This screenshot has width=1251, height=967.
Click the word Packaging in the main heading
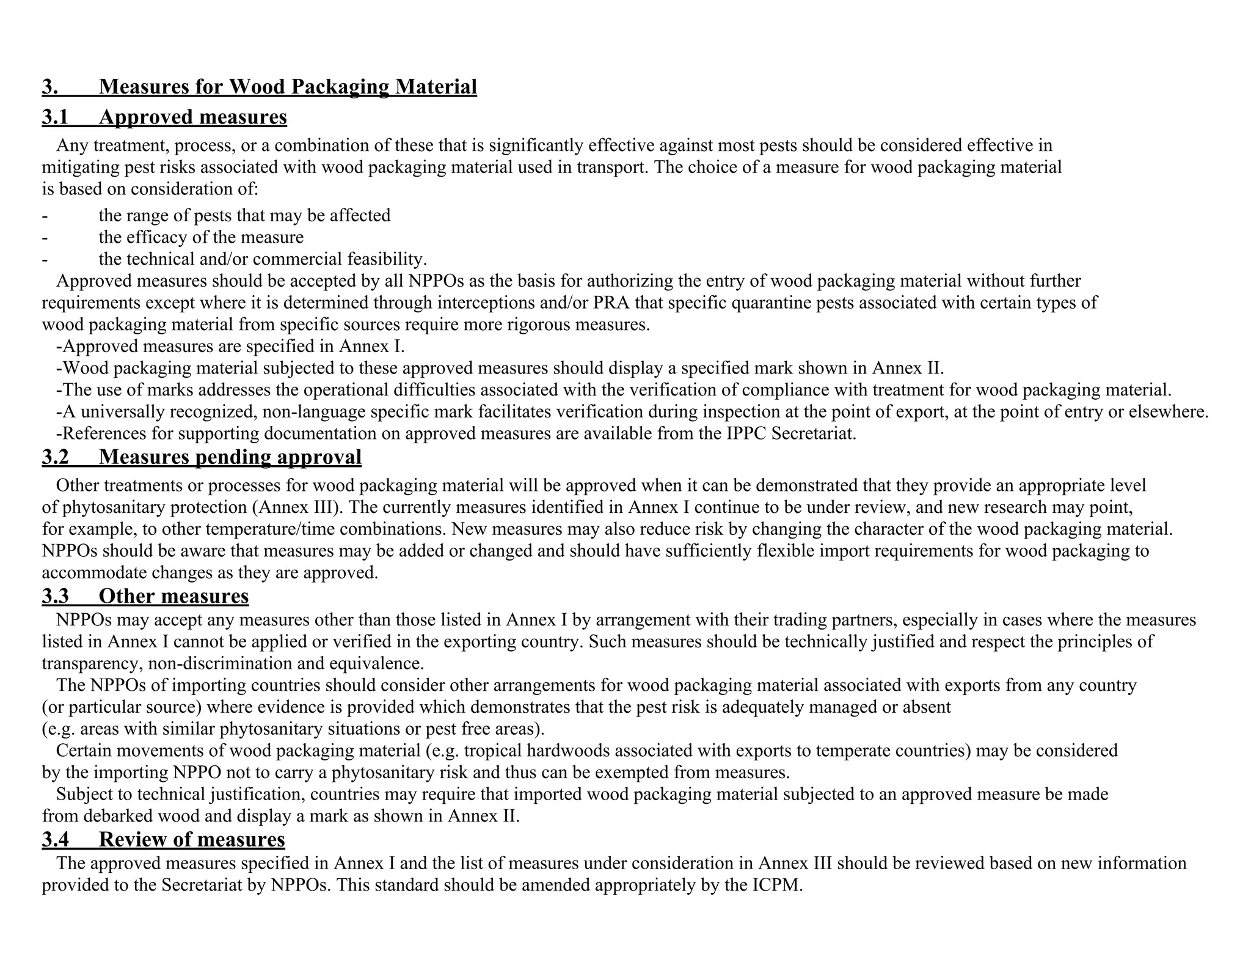pos(339,87)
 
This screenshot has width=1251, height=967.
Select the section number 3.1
pos(55,117)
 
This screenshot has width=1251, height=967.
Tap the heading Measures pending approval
pos(230,457)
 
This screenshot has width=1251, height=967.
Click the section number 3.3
pos(55,596)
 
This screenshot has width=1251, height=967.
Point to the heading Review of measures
pos(192,839)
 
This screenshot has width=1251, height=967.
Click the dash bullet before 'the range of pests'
pos(45,216)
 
